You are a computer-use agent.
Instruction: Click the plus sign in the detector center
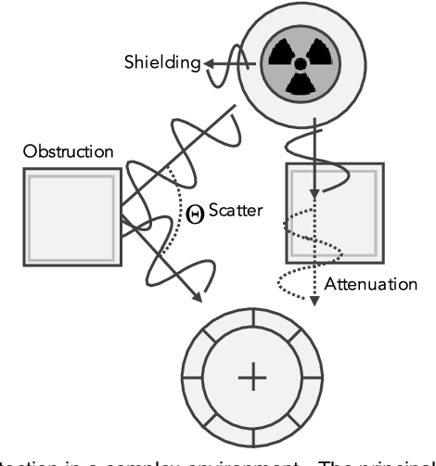click(x=250, y=377)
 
